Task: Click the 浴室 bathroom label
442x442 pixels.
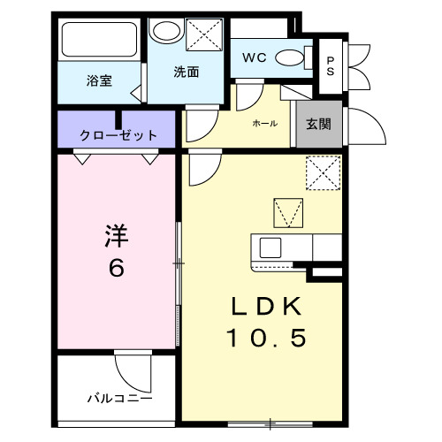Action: point(98,80)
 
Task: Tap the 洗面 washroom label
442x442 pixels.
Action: point(185,72)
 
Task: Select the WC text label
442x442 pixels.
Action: point(255,58)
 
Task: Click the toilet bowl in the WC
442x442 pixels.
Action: point(289,58)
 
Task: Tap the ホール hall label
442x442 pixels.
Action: point(264,124)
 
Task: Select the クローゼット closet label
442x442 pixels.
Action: point(118,135)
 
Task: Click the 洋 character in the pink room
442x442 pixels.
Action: point(118,237)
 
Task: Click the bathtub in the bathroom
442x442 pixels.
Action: point(98,41)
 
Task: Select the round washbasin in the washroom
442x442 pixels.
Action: point(164,33)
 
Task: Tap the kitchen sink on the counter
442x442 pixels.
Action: point(270,248)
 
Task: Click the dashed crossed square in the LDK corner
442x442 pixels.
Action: point(324,172)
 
